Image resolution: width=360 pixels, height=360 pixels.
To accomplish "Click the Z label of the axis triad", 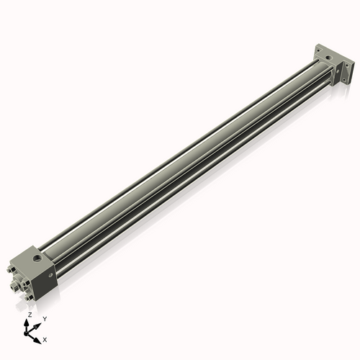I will click(29, 315).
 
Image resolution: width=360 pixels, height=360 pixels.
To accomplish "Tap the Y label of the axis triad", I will click(44, 318).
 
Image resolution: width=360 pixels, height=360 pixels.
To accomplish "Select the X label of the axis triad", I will click(45, 338).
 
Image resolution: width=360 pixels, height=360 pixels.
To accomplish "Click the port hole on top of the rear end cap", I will click(329, 53).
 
